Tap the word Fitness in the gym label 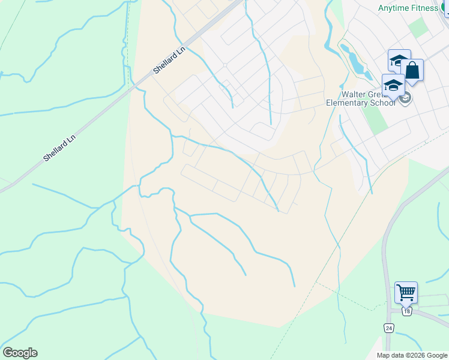(x=425, y=8)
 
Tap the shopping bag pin (x=412, y=70)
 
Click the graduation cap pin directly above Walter (x=393, y=85)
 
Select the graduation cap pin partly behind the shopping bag (x=398, y=60)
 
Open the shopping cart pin (x=406, y=293)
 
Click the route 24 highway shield (x=389, y=328)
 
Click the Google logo (x=20, y=353)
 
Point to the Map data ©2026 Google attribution (x=412, y=355)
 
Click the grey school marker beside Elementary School (x=405, y=98)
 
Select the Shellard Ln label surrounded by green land (x=59, y=148)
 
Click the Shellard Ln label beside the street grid (x=170, y=60)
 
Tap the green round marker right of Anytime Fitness (x=446, y=8)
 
